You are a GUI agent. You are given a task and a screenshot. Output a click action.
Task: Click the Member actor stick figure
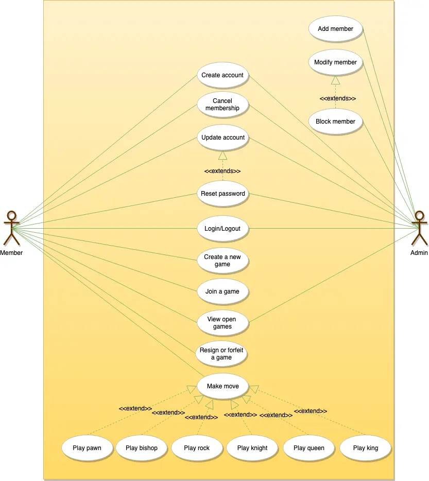click(x=11, y=228)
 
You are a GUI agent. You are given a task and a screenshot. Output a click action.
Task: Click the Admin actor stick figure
click(x=419, y=228)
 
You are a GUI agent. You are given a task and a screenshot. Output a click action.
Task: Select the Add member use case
click(x=335, y=29)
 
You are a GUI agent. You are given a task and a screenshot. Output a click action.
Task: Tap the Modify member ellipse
click(x=335, y=62)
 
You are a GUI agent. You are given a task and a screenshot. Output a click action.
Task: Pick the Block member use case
click(x=335, y=122)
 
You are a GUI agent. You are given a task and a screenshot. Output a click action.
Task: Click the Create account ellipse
click(x=222, y=75)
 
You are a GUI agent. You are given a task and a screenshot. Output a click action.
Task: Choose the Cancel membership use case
click(x=222, y=105)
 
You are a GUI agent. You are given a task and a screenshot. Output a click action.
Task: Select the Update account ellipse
click(x=223, y=138)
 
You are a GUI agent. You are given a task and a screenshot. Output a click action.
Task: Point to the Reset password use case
click(x=223, y=194)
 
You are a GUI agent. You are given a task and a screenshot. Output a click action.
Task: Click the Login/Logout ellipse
click(x=222, y=229)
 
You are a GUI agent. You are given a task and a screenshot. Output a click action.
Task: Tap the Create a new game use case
click(x=222, y=261)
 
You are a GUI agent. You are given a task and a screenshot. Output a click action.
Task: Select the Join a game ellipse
click(x=222, y=291)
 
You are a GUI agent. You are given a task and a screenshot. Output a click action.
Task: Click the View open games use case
click(x=222, y=323)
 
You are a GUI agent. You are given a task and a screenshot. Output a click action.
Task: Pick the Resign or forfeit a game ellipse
click(x=221, y=354)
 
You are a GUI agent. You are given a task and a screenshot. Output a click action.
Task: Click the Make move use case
click(x=223, y=386)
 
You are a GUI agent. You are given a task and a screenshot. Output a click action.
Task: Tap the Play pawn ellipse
click(x=87, y=448)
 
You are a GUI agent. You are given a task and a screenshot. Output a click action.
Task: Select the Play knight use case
click(x=252, y=448)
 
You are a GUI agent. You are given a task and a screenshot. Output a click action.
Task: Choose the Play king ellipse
click(x=366, y=448)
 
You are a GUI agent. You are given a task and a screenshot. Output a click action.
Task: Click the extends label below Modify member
click(x=338, y=98)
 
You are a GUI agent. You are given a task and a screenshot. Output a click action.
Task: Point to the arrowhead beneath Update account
click(x=223, y=155)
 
